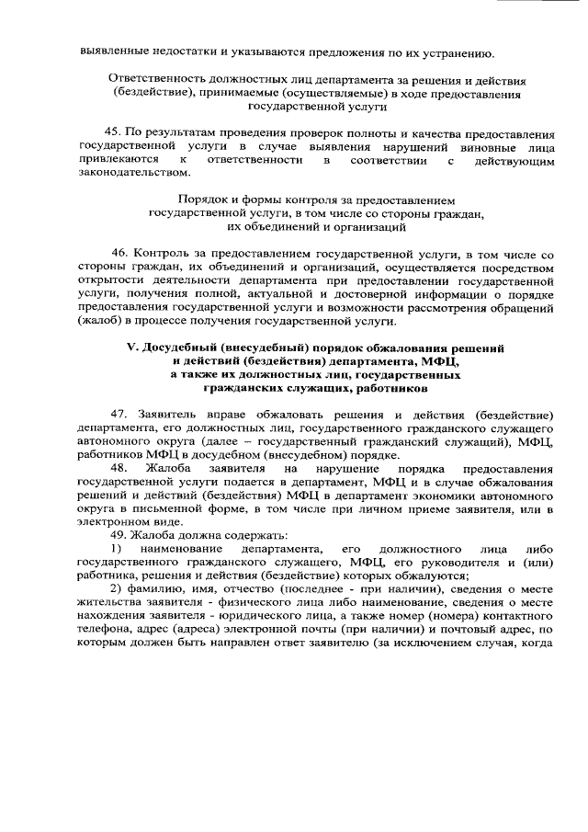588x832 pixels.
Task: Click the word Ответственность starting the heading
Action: coord(157,80)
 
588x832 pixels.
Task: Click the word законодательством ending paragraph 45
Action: coord(136,175)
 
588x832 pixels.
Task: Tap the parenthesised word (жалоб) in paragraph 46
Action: coord(102,322)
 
